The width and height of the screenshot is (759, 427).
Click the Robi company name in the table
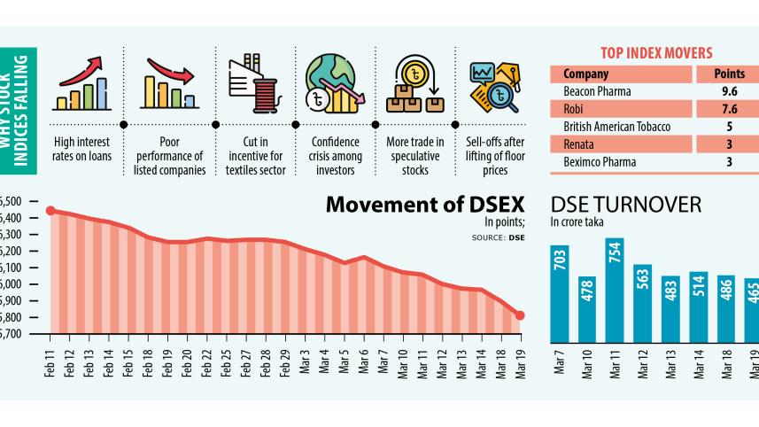click(572, 109)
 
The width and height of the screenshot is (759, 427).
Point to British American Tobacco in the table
click(616, 127)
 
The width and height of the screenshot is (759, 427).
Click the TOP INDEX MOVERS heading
click(656, 53)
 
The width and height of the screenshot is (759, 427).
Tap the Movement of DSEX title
click(425, 205)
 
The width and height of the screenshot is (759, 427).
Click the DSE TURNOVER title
click(625, 206)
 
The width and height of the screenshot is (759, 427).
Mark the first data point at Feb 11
click(50, 211)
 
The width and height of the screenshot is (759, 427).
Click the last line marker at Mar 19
click(520, 315)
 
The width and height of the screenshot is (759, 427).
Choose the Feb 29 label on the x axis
click(284, 364)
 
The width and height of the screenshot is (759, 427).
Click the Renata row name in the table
click(577, 144)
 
